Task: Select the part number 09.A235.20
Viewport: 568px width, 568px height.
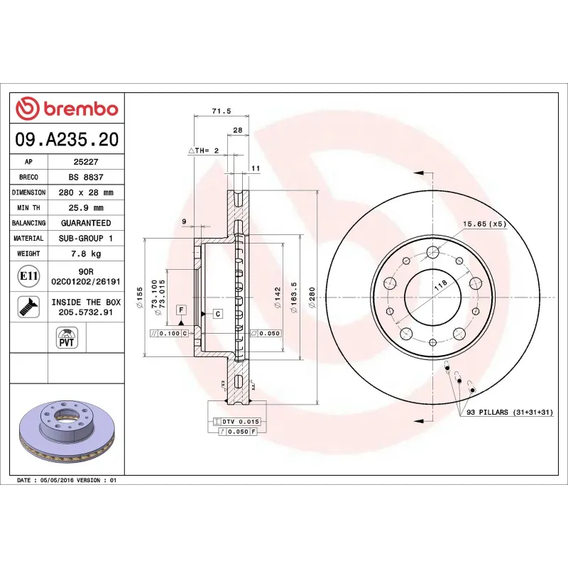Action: pos(67,140)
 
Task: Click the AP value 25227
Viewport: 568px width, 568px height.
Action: pos(85,162)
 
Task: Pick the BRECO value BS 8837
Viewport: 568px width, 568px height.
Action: pos(85,177)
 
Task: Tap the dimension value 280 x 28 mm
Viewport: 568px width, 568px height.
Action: pos(85,192)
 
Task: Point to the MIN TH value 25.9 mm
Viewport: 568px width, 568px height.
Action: pos(85,208)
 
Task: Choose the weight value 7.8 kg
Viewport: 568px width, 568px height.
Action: pos(85,253)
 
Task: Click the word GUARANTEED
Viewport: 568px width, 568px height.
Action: pos(85,223)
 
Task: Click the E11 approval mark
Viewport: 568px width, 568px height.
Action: pos(28,275)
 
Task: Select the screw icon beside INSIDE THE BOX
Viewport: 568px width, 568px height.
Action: pos(28,307)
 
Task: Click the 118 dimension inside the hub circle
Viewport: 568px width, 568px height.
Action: pos(440,285)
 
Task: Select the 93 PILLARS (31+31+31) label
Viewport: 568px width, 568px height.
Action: pos(510,413)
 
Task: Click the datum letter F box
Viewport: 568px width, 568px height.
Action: pos(182,310)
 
